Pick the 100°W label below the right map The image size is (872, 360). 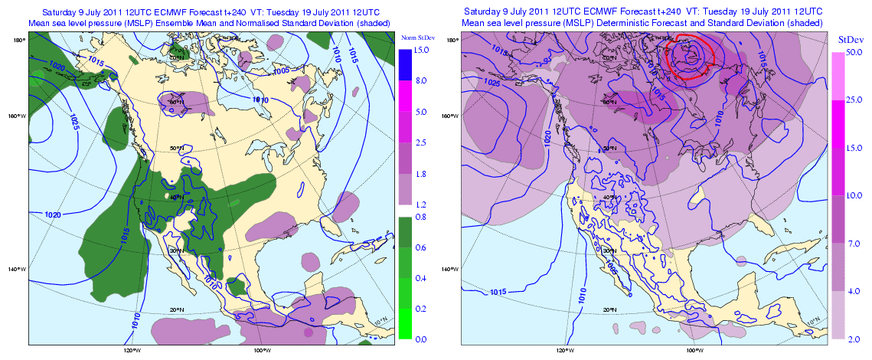[x=695, y=352]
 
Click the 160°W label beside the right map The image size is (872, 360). [x=450, y=116]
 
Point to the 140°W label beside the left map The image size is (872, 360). [x=17, y=269]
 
